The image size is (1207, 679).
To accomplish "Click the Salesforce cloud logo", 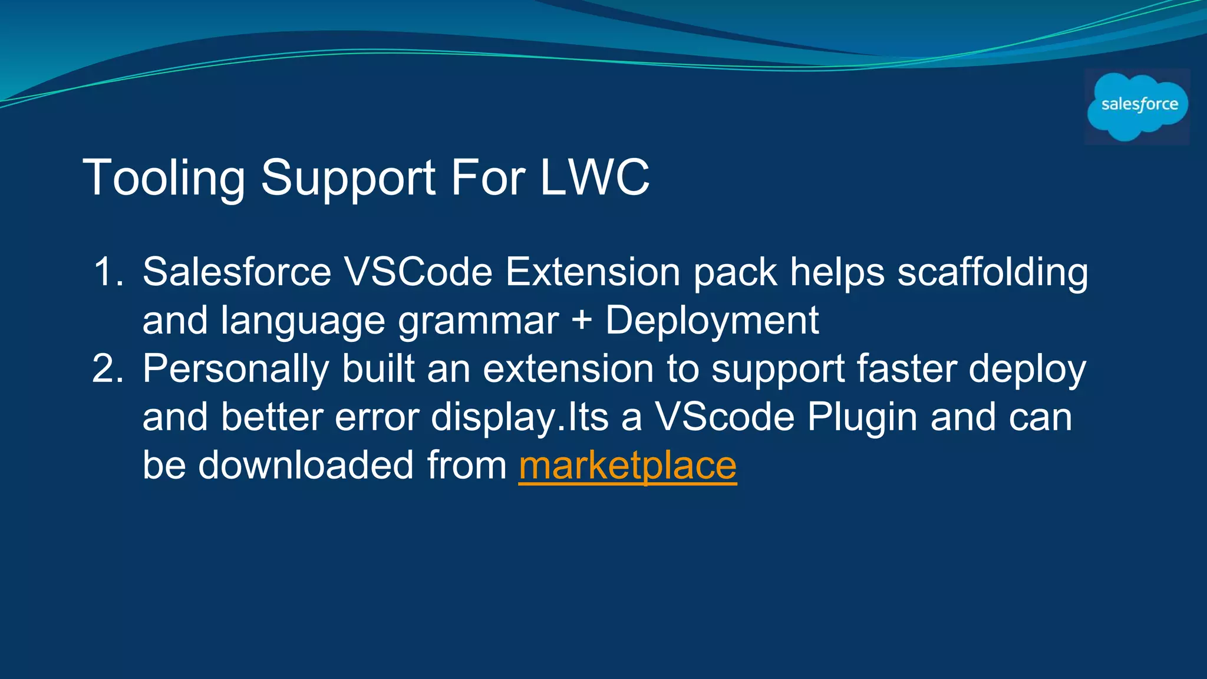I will tap(1137, 106).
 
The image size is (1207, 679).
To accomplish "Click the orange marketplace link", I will tap(628, 466).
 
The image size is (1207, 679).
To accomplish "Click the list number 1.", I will tap(108, 272).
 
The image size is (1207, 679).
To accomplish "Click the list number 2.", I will tap(108, 369).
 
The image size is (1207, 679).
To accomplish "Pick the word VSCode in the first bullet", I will tap(418, 272).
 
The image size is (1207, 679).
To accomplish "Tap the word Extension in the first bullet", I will tap(593, 272).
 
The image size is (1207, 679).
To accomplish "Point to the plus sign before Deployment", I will tap(582, 322).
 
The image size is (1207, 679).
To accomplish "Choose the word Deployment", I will tap(712, 322).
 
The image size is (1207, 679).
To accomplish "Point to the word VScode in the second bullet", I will tap(725, 417).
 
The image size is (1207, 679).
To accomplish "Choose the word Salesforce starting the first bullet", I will tap(237, 272).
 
